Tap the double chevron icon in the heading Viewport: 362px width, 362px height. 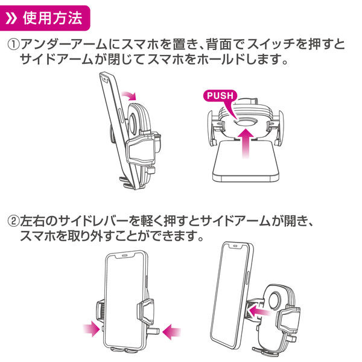point(12,17)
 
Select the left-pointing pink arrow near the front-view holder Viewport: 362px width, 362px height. point(173,330)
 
